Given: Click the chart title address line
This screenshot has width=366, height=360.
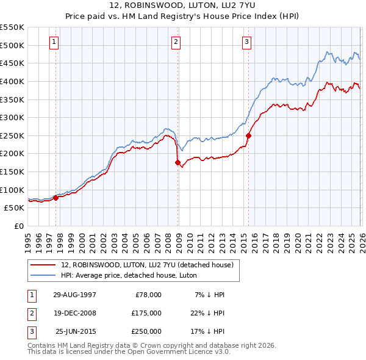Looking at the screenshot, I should click(182, 5).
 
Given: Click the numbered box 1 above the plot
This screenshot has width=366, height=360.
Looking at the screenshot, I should click(55, 42).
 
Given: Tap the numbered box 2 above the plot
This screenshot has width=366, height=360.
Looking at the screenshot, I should click(176, 42).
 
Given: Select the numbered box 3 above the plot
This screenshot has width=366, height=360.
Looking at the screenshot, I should click(246, 42).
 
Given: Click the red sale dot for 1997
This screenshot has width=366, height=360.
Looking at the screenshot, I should click(56, 197).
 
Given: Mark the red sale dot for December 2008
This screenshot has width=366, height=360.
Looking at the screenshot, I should click(178, 163).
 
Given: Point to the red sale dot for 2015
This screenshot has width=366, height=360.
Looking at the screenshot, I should click(248, 135).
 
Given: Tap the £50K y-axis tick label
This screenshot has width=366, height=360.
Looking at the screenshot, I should click(14, 207).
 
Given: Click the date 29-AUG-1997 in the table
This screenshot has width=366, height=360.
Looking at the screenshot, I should click(75, 295).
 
